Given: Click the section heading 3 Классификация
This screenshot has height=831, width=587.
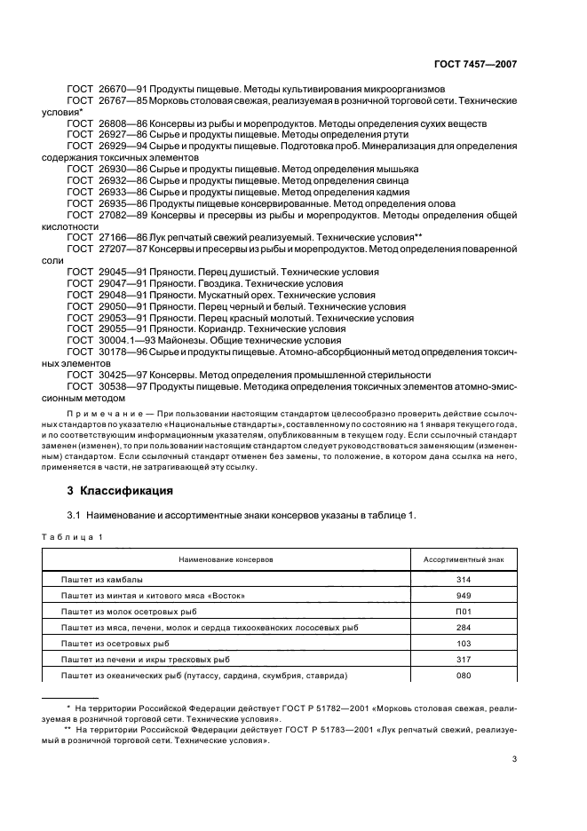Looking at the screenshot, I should (x=116, y=490).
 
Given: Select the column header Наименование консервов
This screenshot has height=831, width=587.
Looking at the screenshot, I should (x=226, y=561).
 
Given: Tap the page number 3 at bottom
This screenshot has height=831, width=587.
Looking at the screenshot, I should (x=514, y=758).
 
